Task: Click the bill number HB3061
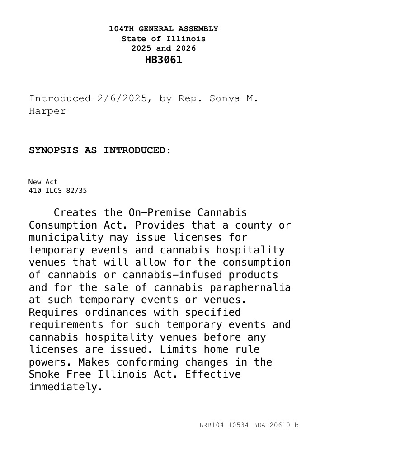tap(163, 60)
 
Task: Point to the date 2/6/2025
tap(122, 98)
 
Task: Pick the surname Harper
tap(47, 111)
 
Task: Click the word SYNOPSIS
tap(53, 150)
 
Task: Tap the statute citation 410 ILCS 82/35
tap(57, 191)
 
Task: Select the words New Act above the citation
tap(43, 182)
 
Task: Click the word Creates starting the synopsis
tap(75, 213)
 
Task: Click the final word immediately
tap(66, 387)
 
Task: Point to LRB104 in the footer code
tap(211, 425)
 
